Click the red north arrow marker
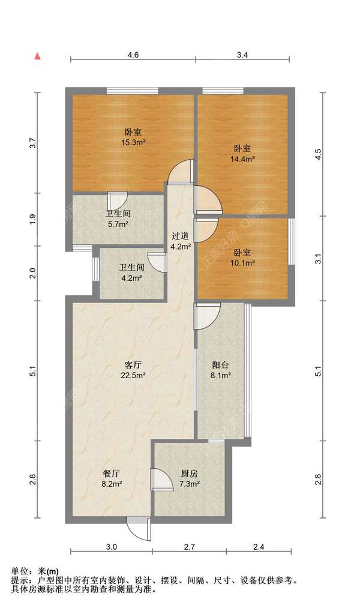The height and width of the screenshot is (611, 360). [37, 56]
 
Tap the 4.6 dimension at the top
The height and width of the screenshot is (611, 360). [133, 55]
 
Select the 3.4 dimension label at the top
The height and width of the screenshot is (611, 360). [242, 55]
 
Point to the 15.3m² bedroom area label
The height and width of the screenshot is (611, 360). [133, 137]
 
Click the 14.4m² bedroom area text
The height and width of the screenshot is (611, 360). [242, 154]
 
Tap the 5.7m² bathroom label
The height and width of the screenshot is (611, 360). [118, 219]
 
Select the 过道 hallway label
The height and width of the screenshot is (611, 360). [180, 241]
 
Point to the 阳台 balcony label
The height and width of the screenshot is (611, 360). [221, 370]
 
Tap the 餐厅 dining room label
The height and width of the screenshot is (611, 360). [112, 478]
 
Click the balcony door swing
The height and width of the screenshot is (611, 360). [208, 316]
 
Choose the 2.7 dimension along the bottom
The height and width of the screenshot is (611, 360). [188, 547]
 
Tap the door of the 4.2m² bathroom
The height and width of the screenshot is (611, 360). [157, 263]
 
